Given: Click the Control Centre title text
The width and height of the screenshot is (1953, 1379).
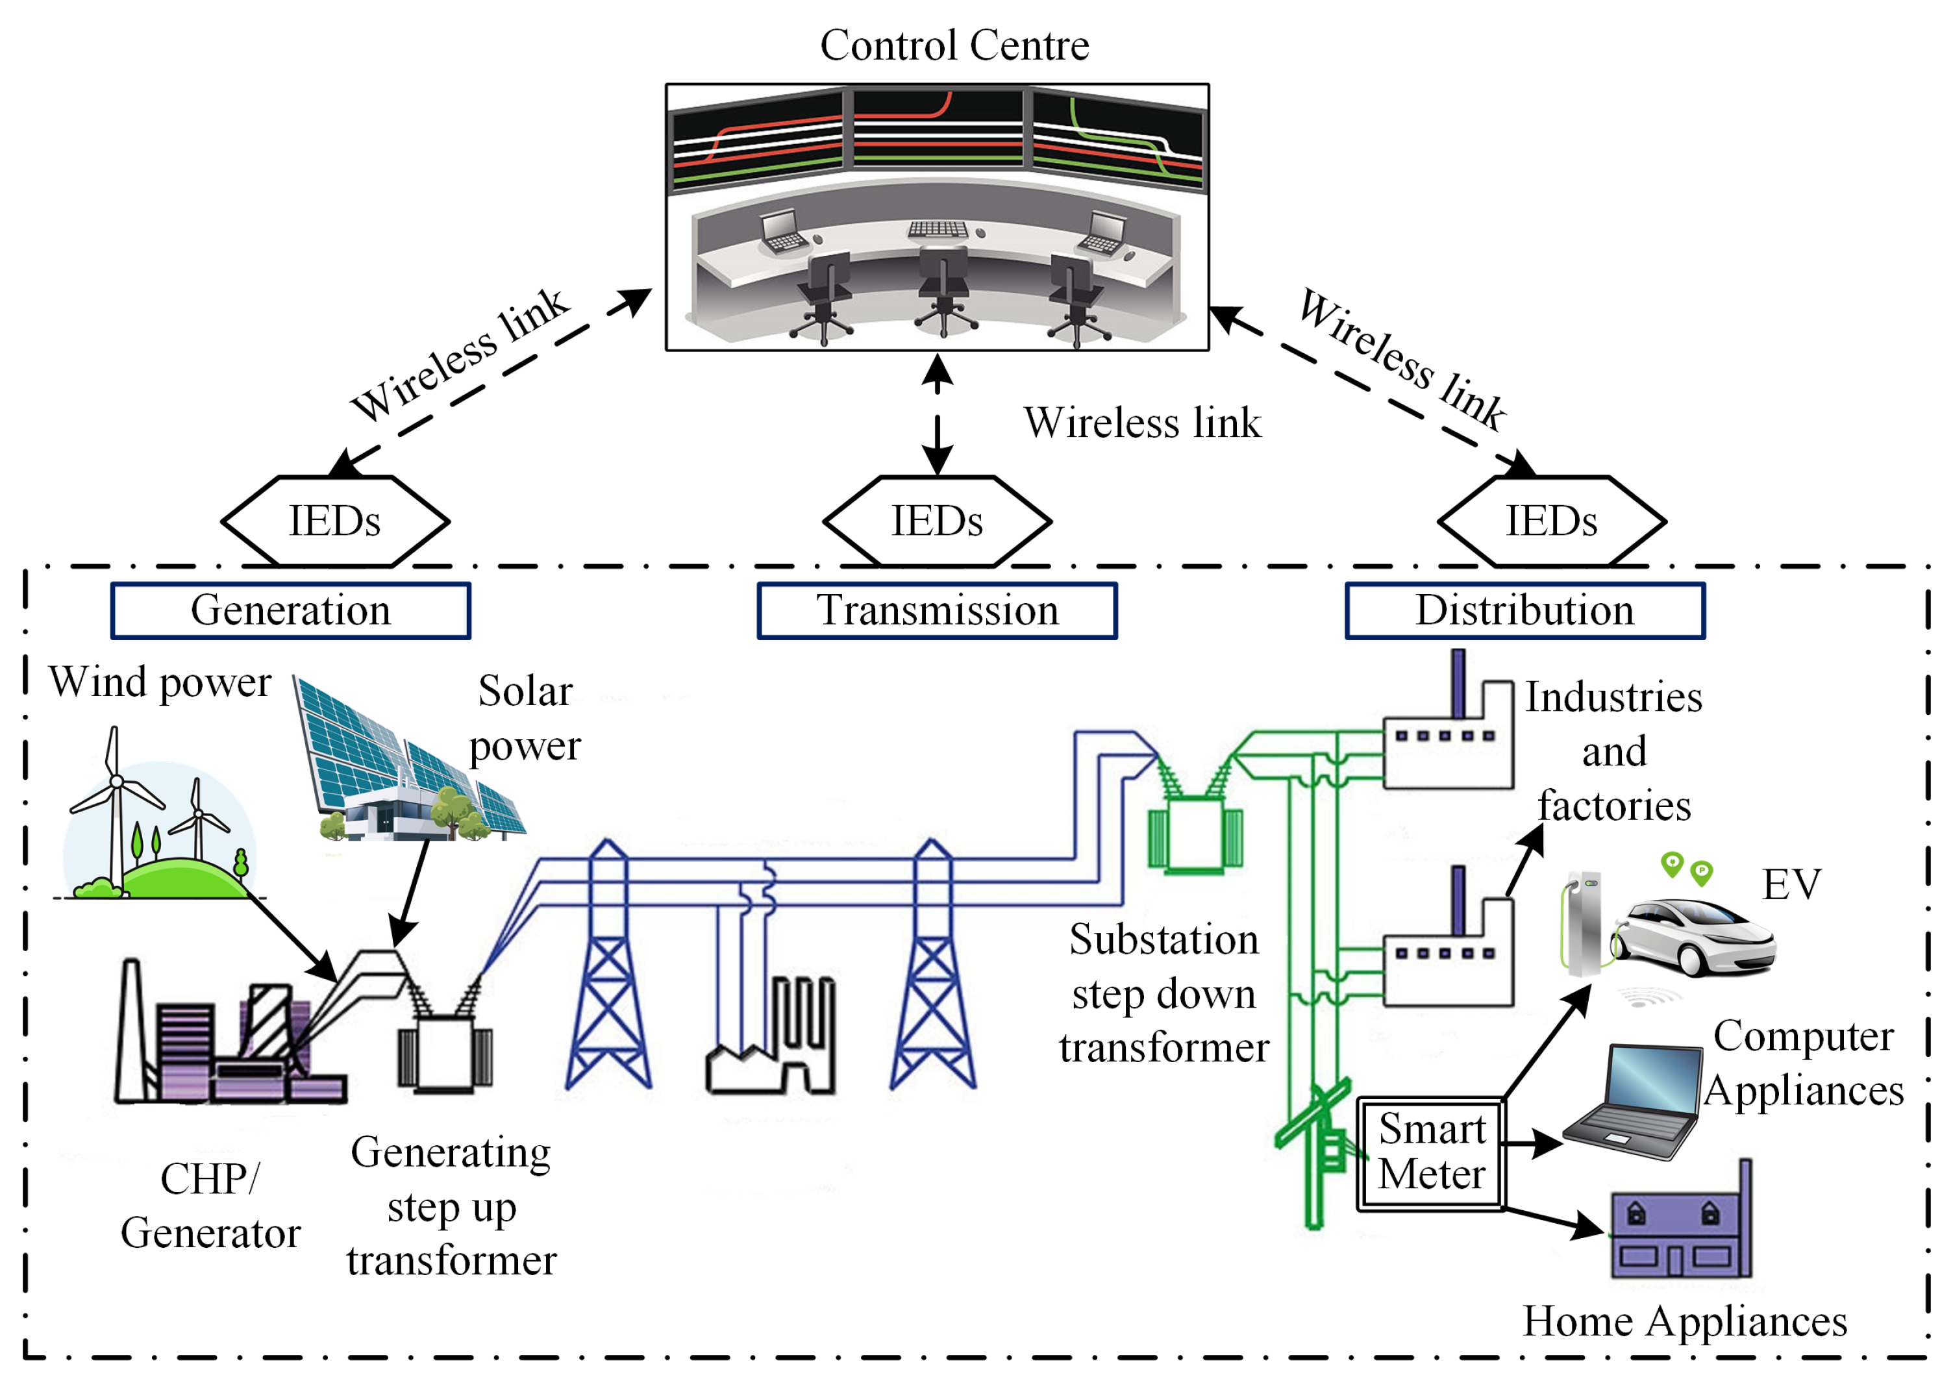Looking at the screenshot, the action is coord(954,45).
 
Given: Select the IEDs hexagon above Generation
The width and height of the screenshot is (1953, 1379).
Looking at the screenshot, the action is coord(335,521).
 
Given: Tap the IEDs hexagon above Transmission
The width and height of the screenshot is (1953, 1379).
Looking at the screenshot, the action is coord(938,521).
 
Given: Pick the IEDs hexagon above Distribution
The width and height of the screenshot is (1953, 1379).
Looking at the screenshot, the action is coord(1552,521).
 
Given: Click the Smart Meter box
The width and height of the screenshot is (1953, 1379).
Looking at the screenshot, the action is coord(1432,1154).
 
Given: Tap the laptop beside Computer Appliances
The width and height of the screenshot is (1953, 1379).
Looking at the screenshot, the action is coord(1632,1102).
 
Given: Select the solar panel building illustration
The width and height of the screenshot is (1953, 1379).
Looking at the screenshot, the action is coord(408,757).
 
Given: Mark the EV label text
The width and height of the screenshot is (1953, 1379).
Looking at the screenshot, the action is coord(1791,885).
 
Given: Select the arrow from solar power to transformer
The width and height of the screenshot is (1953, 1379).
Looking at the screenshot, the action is coord(410,893).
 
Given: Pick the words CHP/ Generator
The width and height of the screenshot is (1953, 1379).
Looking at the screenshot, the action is coord(210,1206).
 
